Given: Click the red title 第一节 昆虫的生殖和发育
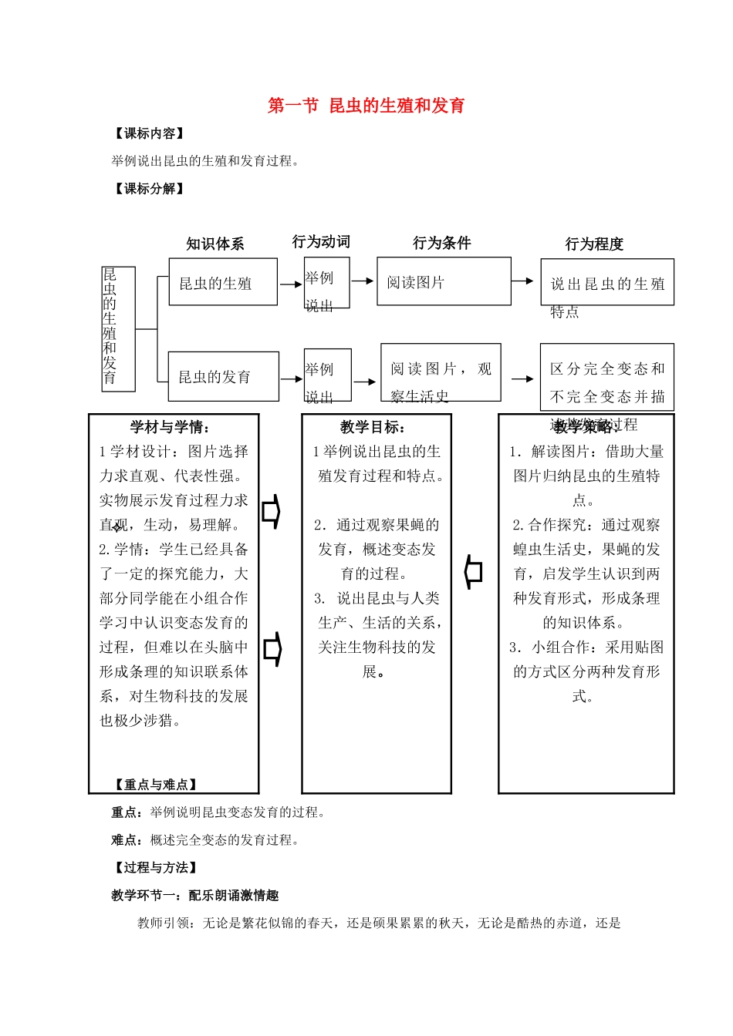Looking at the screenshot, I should coord(366,106).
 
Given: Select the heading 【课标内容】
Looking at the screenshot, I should coord(149,133).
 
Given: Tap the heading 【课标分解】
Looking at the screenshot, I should coord(149,188).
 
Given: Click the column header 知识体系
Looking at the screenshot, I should coord(215,244).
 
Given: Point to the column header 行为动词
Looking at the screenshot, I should coord(321,241).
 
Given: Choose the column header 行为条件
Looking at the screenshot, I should coord(441,243).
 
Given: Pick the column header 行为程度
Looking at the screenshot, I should coord(594,244).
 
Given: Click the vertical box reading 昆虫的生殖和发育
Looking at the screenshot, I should coord(119,329).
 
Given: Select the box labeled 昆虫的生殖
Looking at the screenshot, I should coord(223,282).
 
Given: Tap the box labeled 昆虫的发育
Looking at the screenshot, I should coord(224,376).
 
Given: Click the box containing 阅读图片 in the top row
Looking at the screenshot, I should coord(444,281).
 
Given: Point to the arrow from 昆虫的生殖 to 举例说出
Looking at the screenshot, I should coord(291,284).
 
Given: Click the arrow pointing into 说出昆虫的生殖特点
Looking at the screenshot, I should coord(523,281).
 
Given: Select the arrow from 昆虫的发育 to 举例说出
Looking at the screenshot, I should coord(292,378).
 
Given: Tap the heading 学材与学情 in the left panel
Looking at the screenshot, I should coord(170,427).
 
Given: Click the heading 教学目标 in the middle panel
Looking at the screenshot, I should coord(373,427).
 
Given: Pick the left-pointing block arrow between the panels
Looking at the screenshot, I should coord(473,572).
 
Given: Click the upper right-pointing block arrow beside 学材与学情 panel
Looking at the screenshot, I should coord(271,512).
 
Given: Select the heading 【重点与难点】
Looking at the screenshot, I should coord(155,784).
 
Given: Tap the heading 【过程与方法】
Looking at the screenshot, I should coord(155,867).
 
